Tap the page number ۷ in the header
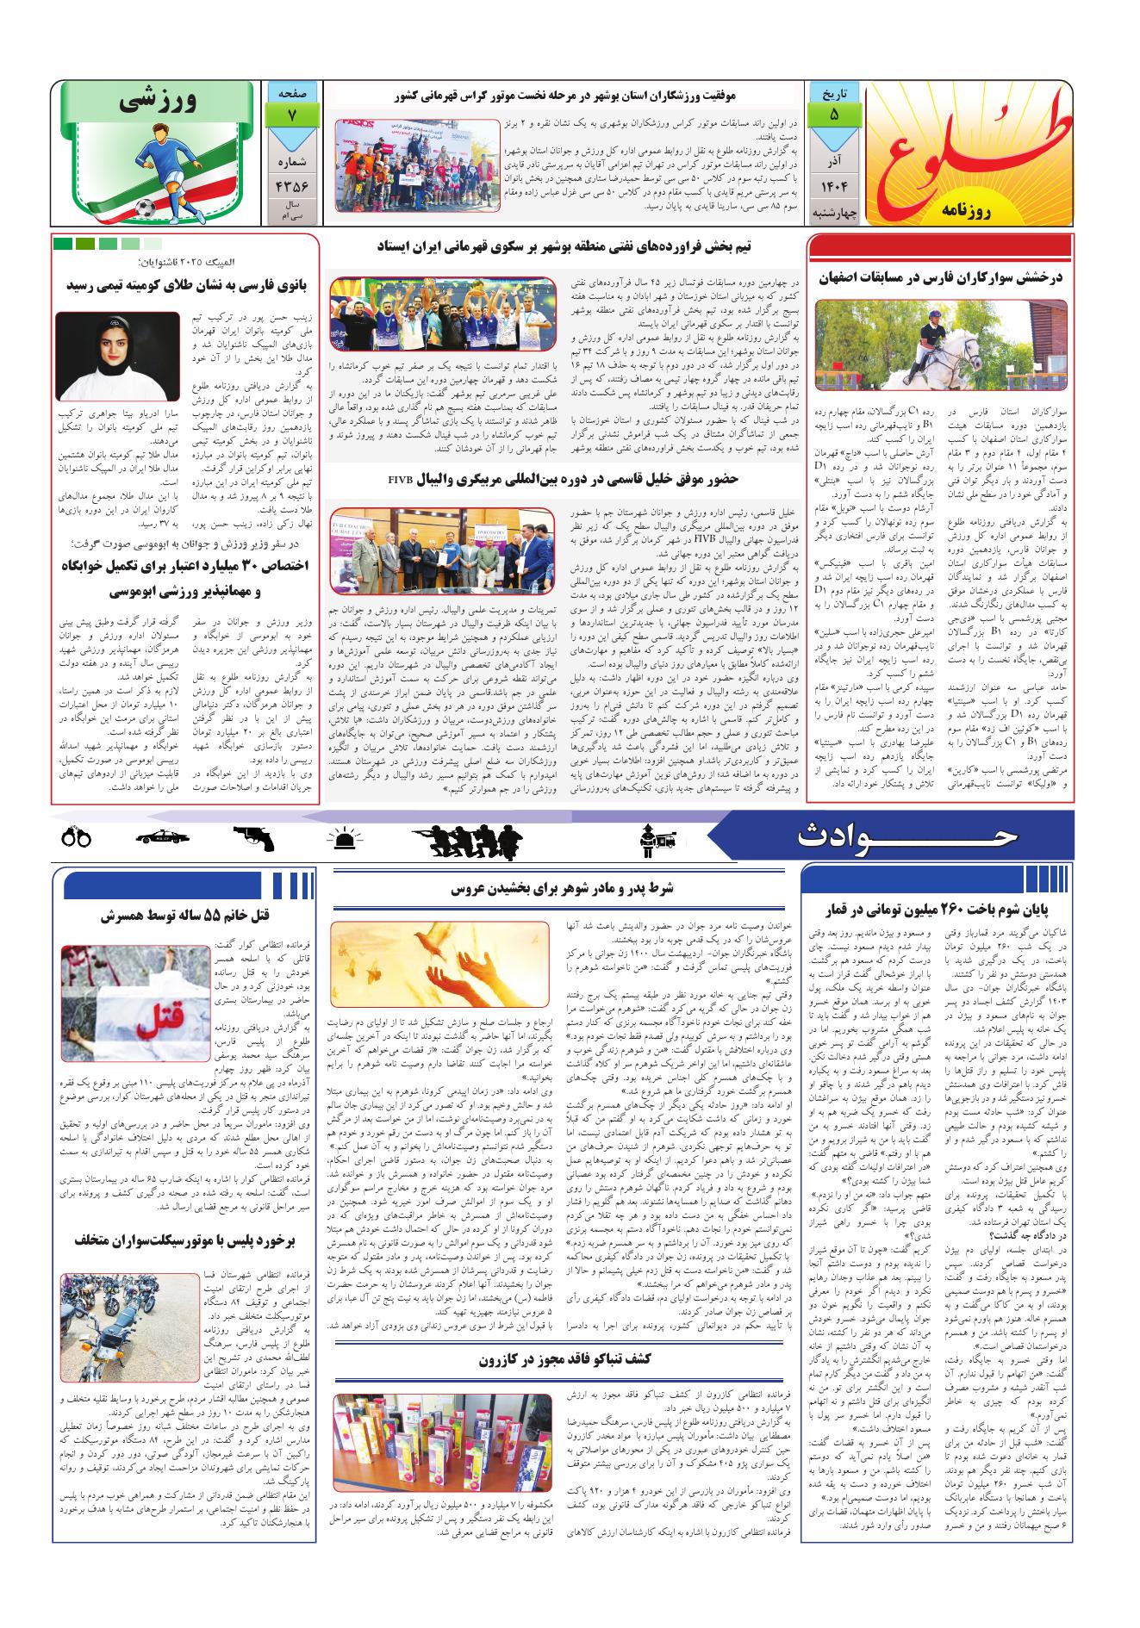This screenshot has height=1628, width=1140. pos(291,112)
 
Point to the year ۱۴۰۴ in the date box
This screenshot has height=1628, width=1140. pos(832,185)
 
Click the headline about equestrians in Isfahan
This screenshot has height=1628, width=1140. pos(942,278)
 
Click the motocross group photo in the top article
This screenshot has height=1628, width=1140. pos(416,165)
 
